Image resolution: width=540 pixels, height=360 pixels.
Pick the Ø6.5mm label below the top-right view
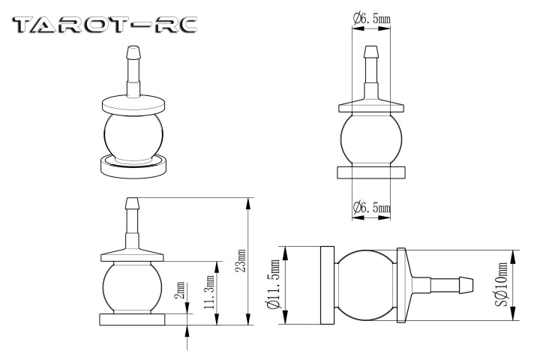coord(371,208)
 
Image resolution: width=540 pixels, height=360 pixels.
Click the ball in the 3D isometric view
coord(133,137)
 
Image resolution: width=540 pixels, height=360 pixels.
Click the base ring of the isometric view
coord(133,166)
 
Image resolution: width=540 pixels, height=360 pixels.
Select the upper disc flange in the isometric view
coord(133,105)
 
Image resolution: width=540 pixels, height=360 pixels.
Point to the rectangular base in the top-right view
coord(371,172)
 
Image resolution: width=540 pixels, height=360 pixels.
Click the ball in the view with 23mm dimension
coord(132,289)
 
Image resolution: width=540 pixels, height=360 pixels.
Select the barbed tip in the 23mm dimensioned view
coord(132,203)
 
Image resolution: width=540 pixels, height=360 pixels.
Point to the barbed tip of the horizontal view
coord(465,285)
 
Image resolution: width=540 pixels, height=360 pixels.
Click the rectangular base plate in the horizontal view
coord(327,285)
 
